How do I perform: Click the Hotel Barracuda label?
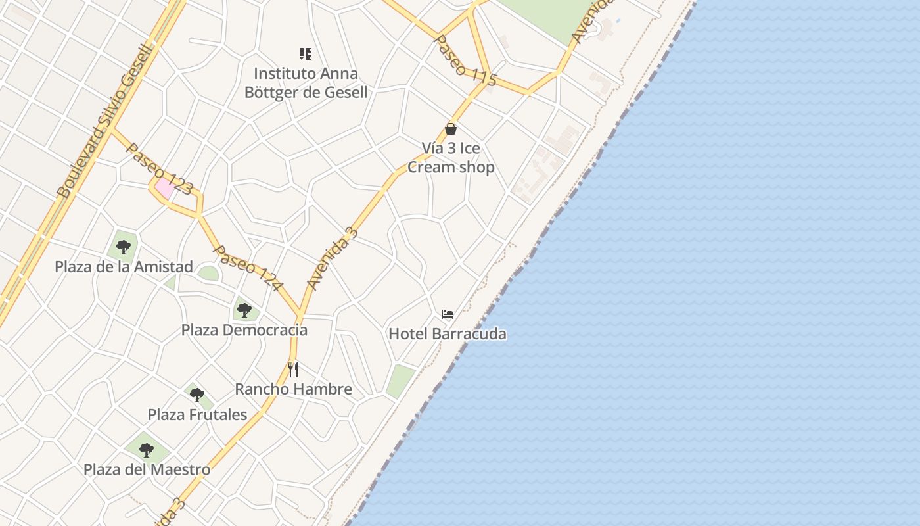click(448, 334)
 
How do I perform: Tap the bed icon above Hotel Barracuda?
click(448, 314)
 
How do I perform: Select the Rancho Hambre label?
click(293, 389)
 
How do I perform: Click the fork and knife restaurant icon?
click(293, 370)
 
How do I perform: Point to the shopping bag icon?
click(451, 129)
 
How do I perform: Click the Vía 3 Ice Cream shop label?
click(451, 158)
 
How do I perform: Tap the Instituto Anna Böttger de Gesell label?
click(306, 83)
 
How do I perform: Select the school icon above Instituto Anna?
click(306, 54)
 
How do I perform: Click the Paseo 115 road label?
click(465, 60)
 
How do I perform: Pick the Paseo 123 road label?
click(160, 170)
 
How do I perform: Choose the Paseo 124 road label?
click(248, 268)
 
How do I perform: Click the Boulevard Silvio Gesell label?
click(105, 121)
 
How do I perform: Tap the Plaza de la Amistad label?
click(124, 267)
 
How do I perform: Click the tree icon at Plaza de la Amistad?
click(123, 247)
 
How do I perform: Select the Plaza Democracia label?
click(244, 330)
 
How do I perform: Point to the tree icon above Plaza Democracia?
click(244, 309)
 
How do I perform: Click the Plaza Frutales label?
click(197, 415)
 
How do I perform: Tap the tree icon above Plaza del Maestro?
click(147, 450)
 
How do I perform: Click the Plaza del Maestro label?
click(147, 470)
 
